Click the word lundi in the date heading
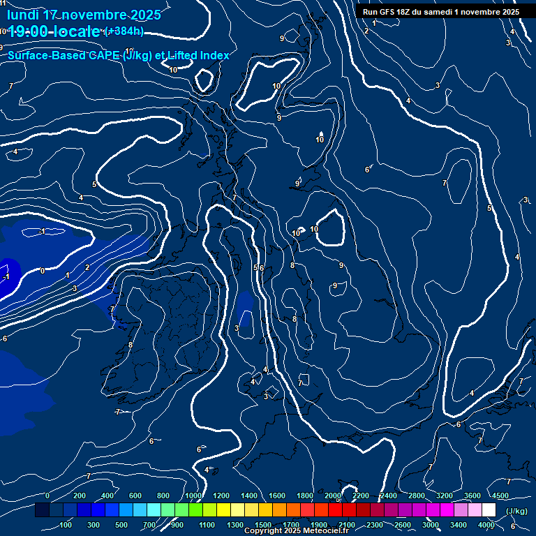pos(23,15)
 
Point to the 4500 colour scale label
pos(500,496)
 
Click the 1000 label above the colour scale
pos(193,496)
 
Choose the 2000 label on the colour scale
pos(333,496)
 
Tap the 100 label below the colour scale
pos(66,525)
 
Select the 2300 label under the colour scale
pos(375,525)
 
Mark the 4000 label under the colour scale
pos(487,525)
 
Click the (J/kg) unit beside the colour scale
pos(516,511)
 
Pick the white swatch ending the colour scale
pos(489,510)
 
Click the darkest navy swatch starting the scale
pos(42,510)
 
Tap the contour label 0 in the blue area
pos(42,271)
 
